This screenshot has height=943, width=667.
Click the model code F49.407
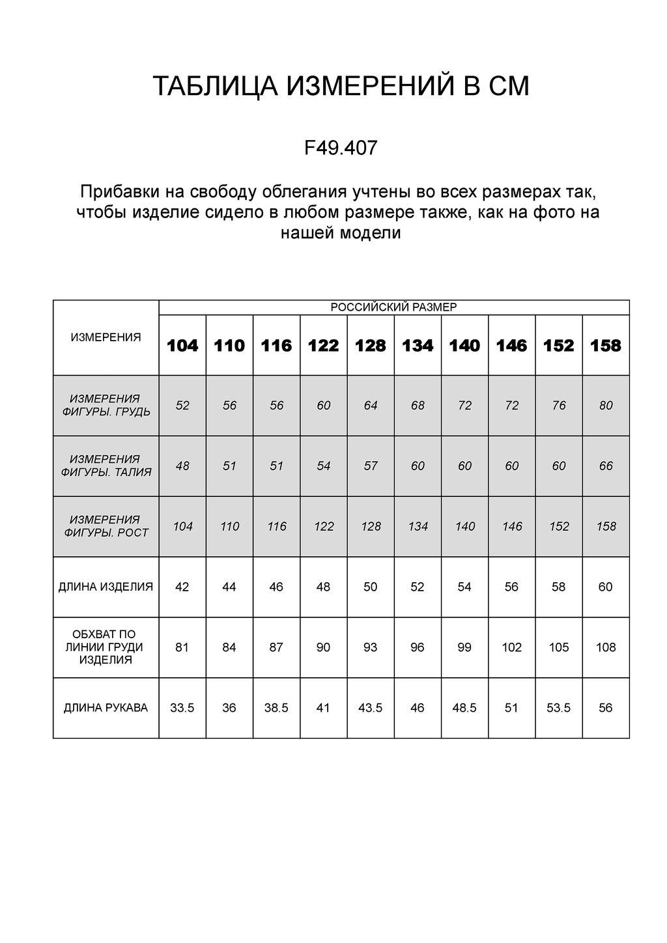341,148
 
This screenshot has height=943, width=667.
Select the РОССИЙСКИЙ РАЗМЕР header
393,307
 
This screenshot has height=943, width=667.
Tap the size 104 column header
182,345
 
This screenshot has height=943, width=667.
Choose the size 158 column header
606,345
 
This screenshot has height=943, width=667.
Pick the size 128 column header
371,345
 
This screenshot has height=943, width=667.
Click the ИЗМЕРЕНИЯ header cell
106,337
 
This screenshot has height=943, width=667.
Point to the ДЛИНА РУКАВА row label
106,708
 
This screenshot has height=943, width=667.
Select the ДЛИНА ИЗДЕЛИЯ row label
106,587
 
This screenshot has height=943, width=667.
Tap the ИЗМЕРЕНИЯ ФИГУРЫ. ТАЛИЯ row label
106,466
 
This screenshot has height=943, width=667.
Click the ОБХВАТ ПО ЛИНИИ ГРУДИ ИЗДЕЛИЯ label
106,647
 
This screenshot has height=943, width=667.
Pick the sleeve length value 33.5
182,708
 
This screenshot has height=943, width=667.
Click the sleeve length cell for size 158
606,708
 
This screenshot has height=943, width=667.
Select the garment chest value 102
512,647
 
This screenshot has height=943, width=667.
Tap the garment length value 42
182,587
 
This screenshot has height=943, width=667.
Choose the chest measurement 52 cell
182,406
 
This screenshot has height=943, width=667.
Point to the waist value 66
606,466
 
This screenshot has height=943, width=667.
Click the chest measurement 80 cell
606,406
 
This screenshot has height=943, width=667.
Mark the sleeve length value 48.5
464,708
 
